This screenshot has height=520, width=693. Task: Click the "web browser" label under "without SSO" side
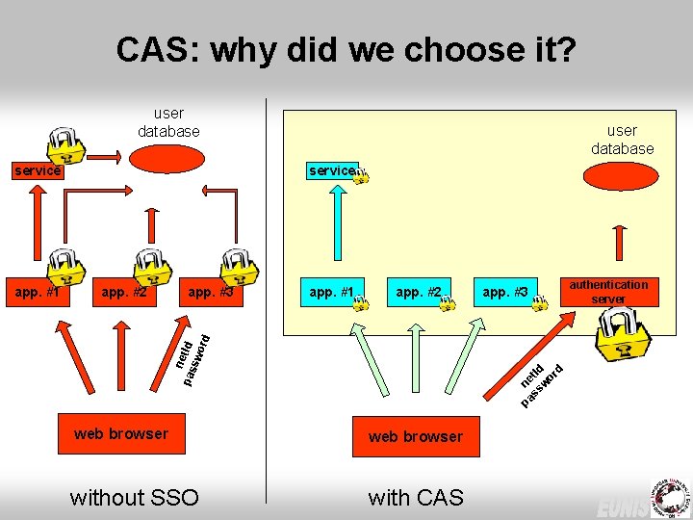pyautogui.click(x=120, y=433)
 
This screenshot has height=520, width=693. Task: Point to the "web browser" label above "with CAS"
pyautogui.click(x=415, y=436)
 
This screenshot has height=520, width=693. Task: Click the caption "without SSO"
pyautogui.click(x=135, y=497)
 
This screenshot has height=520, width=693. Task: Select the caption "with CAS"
pyautogui.click(x=416, y=497)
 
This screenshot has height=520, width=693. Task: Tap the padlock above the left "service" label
pyautogui.click(x=65, y=144)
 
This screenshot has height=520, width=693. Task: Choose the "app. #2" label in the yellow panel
pyautogui.click(x=419, y=292)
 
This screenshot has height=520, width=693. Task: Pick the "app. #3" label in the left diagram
pyautogui.click(x=211, y=292)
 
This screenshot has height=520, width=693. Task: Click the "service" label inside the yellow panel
pyautogui.click(x=332, y=170)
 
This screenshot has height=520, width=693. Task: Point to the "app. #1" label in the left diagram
pyautogui.click(x=34, y=292)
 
